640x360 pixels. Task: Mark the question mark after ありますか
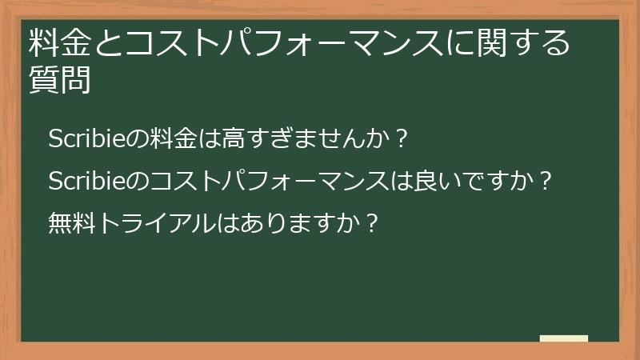pos(370,220)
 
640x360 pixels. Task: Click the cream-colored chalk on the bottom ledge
pos(563,338)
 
